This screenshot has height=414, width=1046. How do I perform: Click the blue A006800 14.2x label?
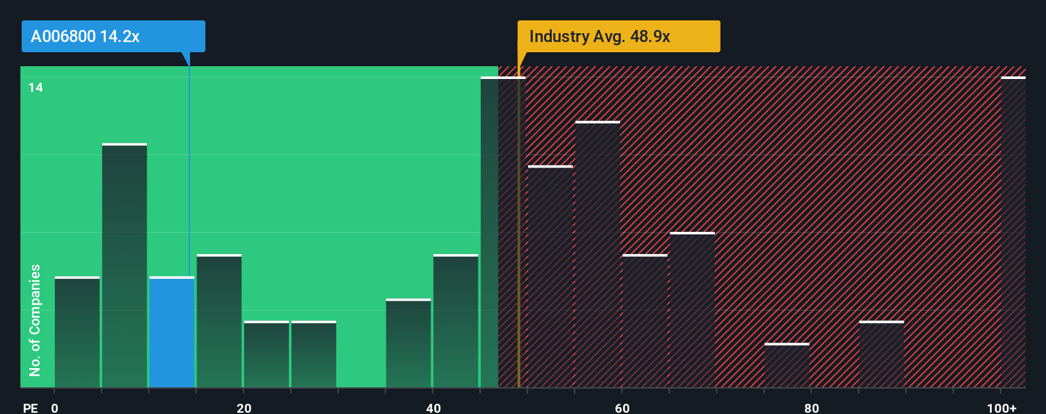tap(113, 36)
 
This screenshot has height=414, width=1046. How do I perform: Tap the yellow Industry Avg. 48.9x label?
tap(618, 36)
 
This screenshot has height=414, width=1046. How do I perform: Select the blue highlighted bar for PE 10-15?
tap(172, 332)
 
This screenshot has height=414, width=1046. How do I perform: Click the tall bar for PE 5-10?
tap(124, 266)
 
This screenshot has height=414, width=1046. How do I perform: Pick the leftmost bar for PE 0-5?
tap(77, 332)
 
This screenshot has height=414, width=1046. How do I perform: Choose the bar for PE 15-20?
tap(219, 321)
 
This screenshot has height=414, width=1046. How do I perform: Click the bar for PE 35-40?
tap(408, 343)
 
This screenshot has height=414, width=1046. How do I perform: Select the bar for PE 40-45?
tap(455, 321)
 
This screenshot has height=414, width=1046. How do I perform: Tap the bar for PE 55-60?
tap(598, 254)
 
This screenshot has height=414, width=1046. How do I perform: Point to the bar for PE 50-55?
tap(550, 276)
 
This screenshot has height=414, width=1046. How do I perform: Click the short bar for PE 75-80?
tap(787, 366)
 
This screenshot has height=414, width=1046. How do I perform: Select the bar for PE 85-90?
tap(881, 354)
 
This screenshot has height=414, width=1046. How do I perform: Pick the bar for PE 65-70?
tap(692, 310)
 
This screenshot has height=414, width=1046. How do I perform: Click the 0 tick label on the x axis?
tap(55, 408)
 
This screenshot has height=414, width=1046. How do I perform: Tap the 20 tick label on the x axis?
tap(244, 408)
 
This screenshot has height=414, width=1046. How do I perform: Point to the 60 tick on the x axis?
tap(622, 408)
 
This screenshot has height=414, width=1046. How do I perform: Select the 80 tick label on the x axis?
tap(811, 408)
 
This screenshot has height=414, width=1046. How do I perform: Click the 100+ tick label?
tap(1001, 408)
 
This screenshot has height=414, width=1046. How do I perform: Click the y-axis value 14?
tap(36, 87)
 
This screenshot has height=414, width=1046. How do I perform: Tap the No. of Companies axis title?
tap(34, 320)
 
